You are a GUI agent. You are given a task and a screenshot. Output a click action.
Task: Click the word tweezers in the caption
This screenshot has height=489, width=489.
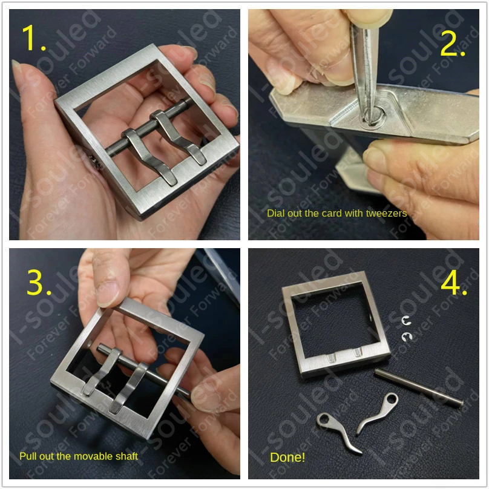tap(386, 214)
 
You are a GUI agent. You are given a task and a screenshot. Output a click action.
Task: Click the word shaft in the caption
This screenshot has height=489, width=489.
tap(126, 456)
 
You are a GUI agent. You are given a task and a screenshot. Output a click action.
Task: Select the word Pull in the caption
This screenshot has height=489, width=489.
tap(28, 456)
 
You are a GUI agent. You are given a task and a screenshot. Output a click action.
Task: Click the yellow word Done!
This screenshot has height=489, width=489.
tap(287, 458)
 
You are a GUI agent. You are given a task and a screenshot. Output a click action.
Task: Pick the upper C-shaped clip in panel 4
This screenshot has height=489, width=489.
tap(407, 320)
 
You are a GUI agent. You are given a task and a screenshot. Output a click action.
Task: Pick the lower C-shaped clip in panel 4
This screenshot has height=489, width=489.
tap(405, 337)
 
